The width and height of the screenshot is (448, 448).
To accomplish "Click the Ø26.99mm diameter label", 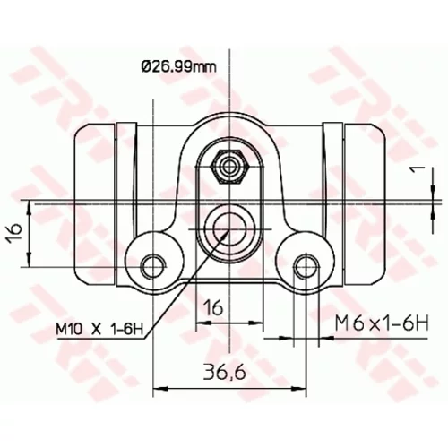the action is click(179, 67).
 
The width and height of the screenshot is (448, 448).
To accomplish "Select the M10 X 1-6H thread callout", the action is click(99, 330).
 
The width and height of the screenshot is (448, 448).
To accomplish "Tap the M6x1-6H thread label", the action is click(382, 323).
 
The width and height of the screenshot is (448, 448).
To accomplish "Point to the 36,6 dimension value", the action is click(225, 373).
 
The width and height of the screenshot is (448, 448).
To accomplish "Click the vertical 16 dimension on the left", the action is click(15, 232).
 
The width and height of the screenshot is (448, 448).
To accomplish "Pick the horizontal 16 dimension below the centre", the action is click(213, 307).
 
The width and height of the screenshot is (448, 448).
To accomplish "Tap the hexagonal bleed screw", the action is click(229, 167).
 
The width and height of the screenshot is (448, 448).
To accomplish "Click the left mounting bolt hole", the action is click(153, 266).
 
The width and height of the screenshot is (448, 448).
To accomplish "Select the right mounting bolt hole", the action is click(306, 266).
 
